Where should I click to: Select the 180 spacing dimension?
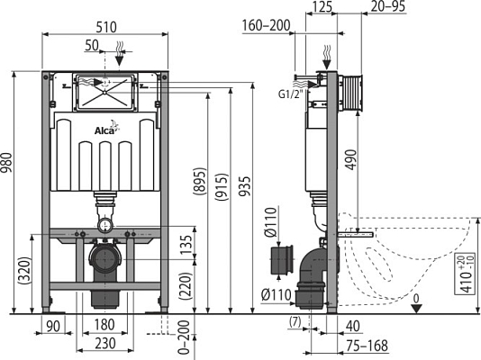pyautogui.click(x=104, y=326)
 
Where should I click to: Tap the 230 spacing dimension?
pyautogui.click(x=104, y=344)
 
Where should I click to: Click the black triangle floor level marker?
pyautogui.click(x=415, y=307)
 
